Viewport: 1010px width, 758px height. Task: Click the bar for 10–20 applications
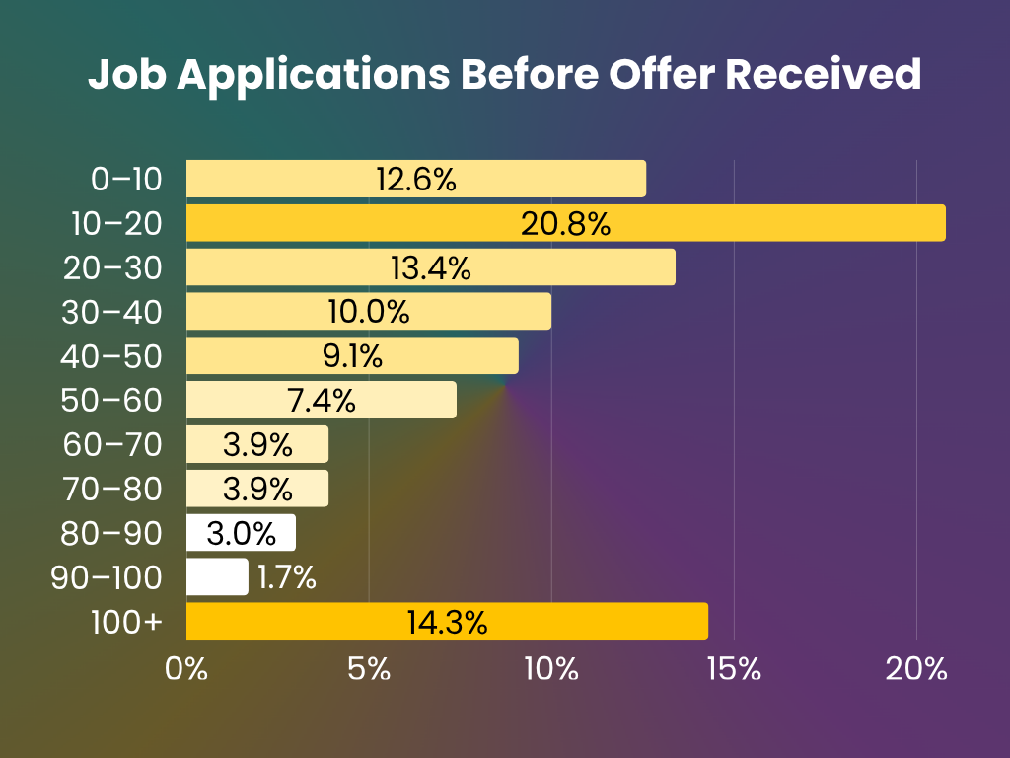click(565, 223)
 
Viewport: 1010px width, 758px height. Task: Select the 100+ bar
click(447, 622)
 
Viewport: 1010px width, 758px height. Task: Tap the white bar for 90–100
click(217, 577)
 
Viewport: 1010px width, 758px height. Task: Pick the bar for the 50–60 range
click(321, 400)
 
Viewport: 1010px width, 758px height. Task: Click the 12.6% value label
click(415, 180)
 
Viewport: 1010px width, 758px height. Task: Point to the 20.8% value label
click(565, 224)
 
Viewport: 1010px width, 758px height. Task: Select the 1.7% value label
click(286, 578)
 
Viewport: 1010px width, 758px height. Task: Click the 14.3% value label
click(447, 623)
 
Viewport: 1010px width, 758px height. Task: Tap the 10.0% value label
click(368, 313)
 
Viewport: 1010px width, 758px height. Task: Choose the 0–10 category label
click(124, 180)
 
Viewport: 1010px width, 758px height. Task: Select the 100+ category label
click(124, 623)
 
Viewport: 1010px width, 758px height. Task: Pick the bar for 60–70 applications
click(256, 444)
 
